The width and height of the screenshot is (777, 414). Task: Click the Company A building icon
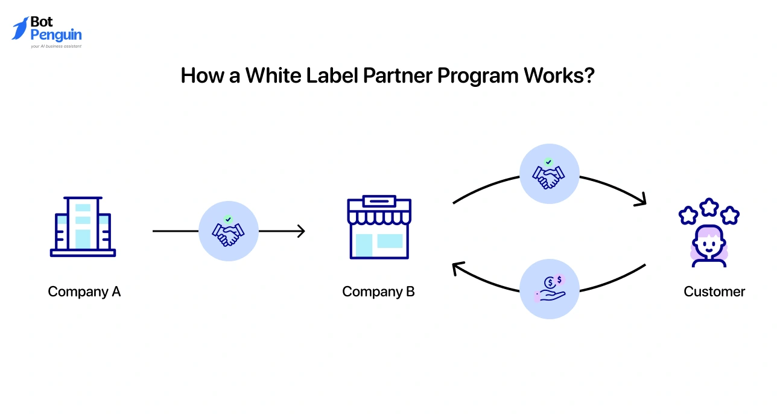pos(83,226)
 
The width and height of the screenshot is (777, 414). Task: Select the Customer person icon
pos(709,244)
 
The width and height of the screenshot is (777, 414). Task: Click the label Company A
pos(84,291)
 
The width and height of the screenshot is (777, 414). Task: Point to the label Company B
pos(378,291)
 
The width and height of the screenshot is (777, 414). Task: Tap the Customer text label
pos(714,291)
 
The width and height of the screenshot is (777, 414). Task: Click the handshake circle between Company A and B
pos(228,231)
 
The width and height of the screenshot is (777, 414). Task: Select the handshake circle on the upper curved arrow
pos(549,174)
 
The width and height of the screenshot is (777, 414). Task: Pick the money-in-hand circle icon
pos(549,288)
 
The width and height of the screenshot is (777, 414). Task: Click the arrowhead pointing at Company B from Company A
pos(301,231)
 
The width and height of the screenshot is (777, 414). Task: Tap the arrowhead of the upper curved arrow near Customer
pos(641,200)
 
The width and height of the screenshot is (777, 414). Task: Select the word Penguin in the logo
pos(56,35)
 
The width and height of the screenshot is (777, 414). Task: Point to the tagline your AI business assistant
pos(56,46)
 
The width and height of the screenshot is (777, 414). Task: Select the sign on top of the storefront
pos(379,200)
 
